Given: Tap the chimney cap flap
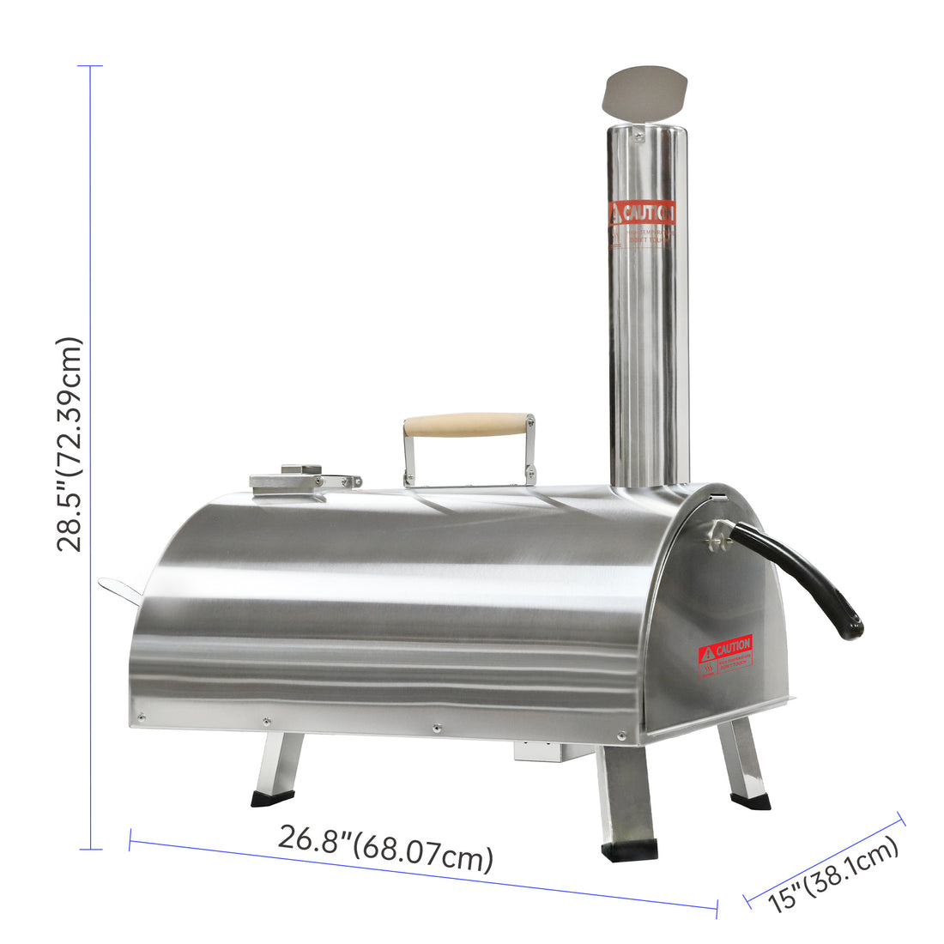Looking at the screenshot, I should click(645, 93).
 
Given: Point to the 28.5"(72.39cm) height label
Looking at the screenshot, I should click(70, 444).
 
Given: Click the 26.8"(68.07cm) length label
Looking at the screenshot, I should click(385, 849).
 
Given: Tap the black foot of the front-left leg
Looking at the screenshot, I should click(272, 798).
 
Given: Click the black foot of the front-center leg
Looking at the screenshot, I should click(629, 850).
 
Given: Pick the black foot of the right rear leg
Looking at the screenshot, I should click(750, 801).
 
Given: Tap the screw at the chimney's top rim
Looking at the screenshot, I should click(638, 133).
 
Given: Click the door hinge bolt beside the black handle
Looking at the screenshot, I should click(711, 539).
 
